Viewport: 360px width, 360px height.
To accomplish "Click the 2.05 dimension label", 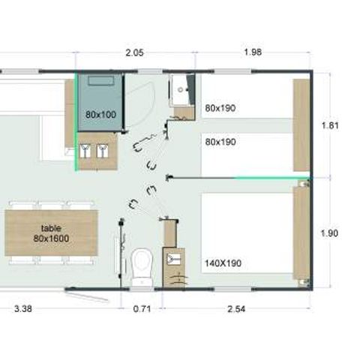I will click(135, 52).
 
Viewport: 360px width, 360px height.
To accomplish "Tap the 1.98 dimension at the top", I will click(253, 52).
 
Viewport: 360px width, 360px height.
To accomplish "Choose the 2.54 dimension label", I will click(236, 306).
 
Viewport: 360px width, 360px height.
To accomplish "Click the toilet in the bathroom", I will click(140, 263).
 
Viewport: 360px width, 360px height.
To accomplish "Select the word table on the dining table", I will click(51, 228).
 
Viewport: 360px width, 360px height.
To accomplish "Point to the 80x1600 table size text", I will click(51, 238).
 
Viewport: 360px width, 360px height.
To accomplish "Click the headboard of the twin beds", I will click(301, 124).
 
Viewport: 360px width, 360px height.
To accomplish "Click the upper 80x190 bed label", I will click(220, 108).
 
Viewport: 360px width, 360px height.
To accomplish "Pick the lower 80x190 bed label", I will click(220, 141).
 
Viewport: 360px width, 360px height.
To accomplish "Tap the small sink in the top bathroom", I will click(180, 90).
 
